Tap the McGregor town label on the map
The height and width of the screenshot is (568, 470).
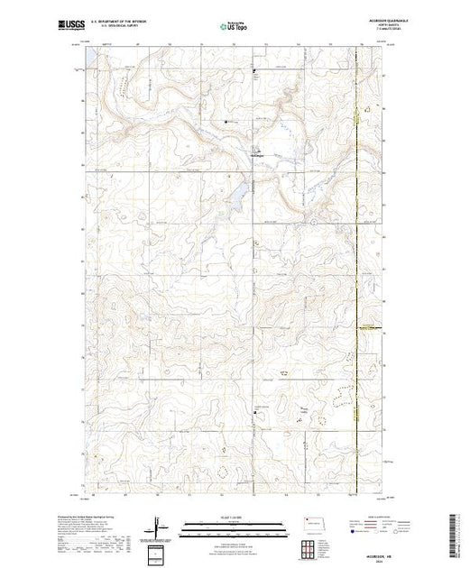click(256, 154)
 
